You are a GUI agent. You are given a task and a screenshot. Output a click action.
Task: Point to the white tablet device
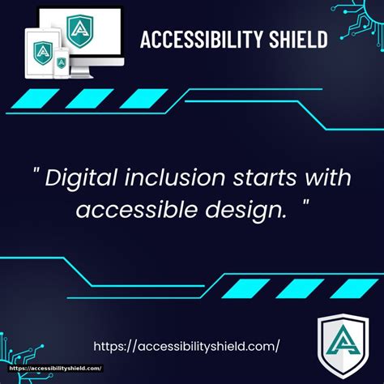40,53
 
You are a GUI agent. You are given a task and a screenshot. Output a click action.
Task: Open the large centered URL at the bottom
186,346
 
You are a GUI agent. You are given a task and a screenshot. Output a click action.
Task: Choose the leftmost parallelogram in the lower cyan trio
246,288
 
